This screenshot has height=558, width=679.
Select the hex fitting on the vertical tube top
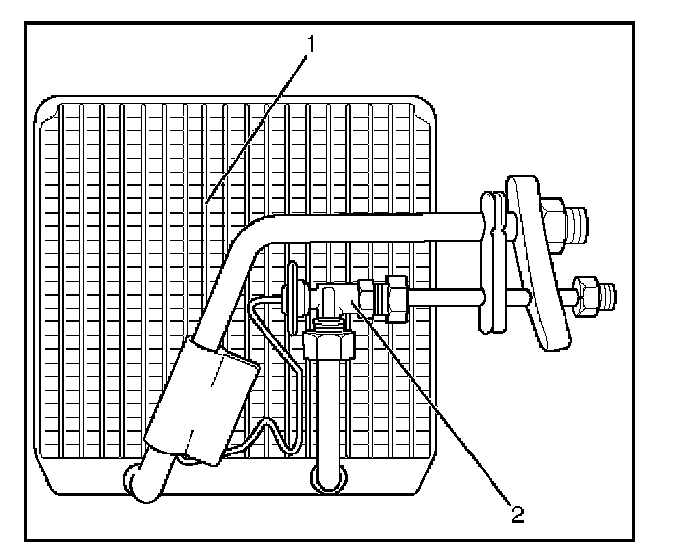point(328,345)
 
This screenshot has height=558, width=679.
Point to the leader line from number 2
point(434,404)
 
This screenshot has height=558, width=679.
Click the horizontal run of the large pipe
point(375,225)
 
